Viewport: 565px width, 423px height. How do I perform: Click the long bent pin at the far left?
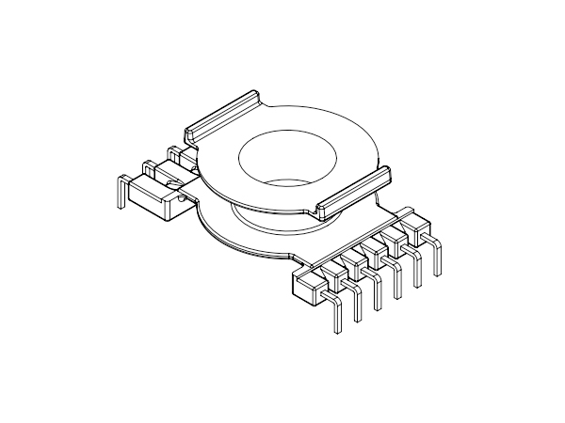click(121, 193)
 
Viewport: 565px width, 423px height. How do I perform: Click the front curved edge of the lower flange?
click(245, 246)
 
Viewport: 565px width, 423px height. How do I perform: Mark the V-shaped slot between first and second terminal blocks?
click(330, 272)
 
